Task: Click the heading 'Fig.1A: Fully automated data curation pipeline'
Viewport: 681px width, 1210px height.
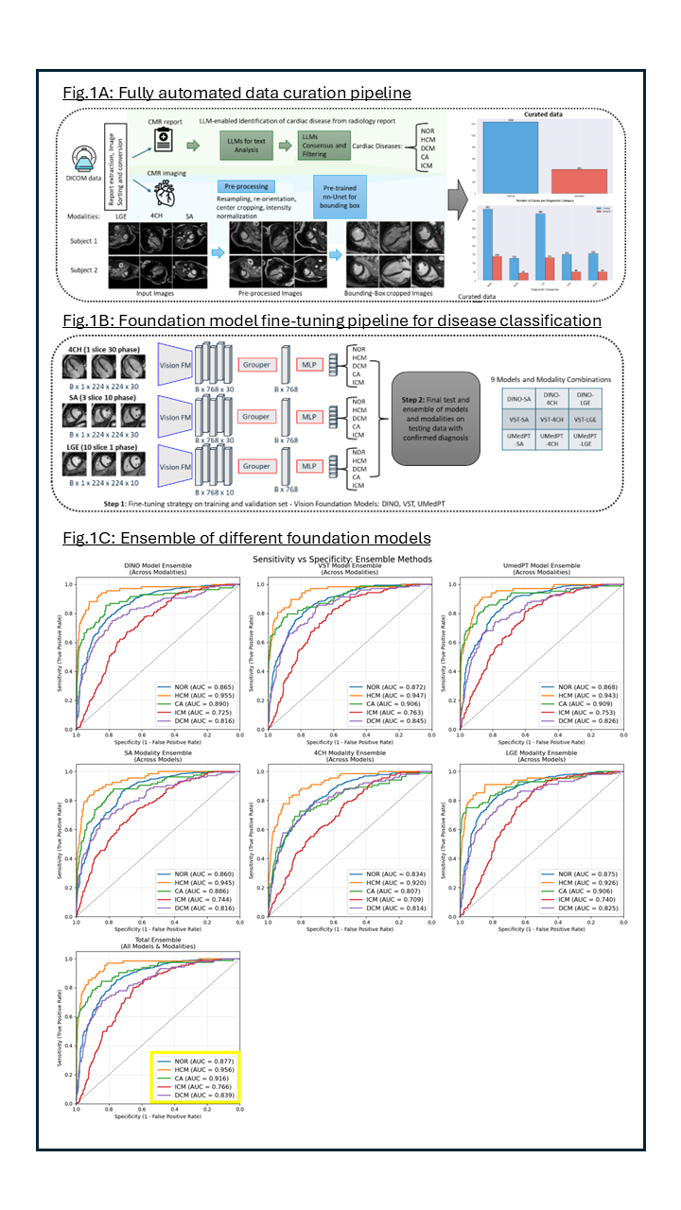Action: pos(236,93)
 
